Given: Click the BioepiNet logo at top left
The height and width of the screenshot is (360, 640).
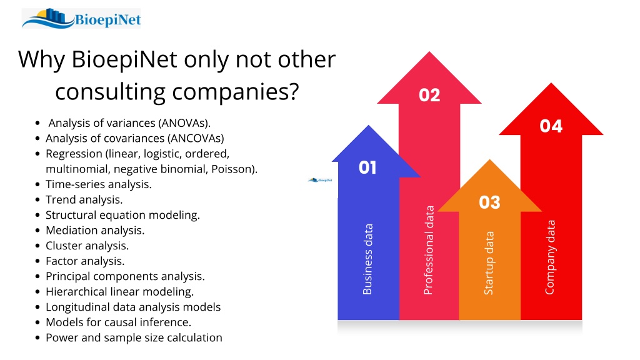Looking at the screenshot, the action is (x=81, y=18).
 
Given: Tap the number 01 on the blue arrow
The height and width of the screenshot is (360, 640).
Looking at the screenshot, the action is (x=367, y=167).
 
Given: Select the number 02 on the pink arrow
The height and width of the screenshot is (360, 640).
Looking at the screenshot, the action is (x=429, y=95).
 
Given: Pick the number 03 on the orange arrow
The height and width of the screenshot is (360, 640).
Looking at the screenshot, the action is (x=489, y=202).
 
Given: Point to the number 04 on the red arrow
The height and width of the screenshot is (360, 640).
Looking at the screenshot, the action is (x=551, y=126).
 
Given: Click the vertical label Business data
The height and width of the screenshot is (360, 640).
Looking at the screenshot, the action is (x=367, y=259).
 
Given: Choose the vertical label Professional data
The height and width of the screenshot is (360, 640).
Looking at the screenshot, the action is (x=428, y=250).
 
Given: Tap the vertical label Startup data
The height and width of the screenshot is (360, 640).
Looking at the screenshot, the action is (x=489, y=263).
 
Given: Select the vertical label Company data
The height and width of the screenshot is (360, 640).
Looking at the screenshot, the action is (x=550, y=257).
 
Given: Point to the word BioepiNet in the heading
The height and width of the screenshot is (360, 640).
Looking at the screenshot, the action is (x=124, y=59).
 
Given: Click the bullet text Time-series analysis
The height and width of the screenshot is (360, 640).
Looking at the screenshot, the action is (x=99, y=184).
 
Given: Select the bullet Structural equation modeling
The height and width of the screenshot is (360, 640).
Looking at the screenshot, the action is (x=123, y=215).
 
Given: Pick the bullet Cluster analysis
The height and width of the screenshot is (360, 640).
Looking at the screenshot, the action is (x=87, y=246).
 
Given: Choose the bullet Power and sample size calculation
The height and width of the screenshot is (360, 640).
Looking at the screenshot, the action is (x=134, y=338).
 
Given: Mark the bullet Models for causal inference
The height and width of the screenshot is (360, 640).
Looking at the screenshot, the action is (x=118, y=322).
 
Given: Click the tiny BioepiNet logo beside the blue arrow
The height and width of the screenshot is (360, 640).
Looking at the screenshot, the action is (x=321, y=179).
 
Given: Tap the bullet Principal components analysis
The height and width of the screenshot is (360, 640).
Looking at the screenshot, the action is (x=125, y=276).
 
